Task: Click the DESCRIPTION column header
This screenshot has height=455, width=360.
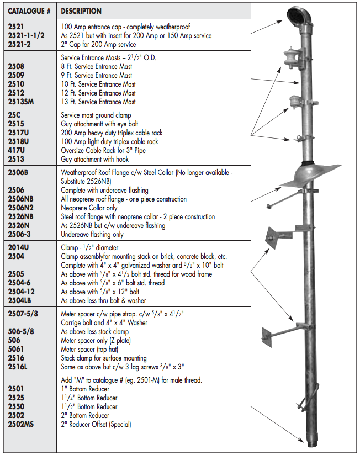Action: click(81, 11)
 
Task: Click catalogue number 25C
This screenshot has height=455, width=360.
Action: click(15, 115)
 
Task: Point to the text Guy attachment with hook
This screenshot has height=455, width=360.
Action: click(94, 160)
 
